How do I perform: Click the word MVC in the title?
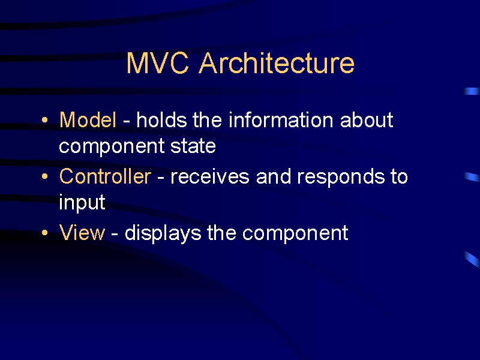157,63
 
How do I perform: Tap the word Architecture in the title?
277,62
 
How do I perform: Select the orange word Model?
88,119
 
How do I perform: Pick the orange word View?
82,233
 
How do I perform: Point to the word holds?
161,119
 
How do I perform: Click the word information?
281,119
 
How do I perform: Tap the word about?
367,119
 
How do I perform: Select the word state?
193,146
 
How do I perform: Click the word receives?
209,176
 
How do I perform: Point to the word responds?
341,178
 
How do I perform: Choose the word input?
82,203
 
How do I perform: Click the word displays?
163,233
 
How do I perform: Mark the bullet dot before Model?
44,119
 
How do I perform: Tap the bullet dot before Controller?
44,176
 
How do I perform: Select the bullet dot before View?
44,233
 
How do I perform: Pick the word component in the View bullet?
295,234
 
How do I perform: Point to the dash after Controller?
161,178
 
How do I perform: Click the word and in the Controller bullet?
274,176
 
